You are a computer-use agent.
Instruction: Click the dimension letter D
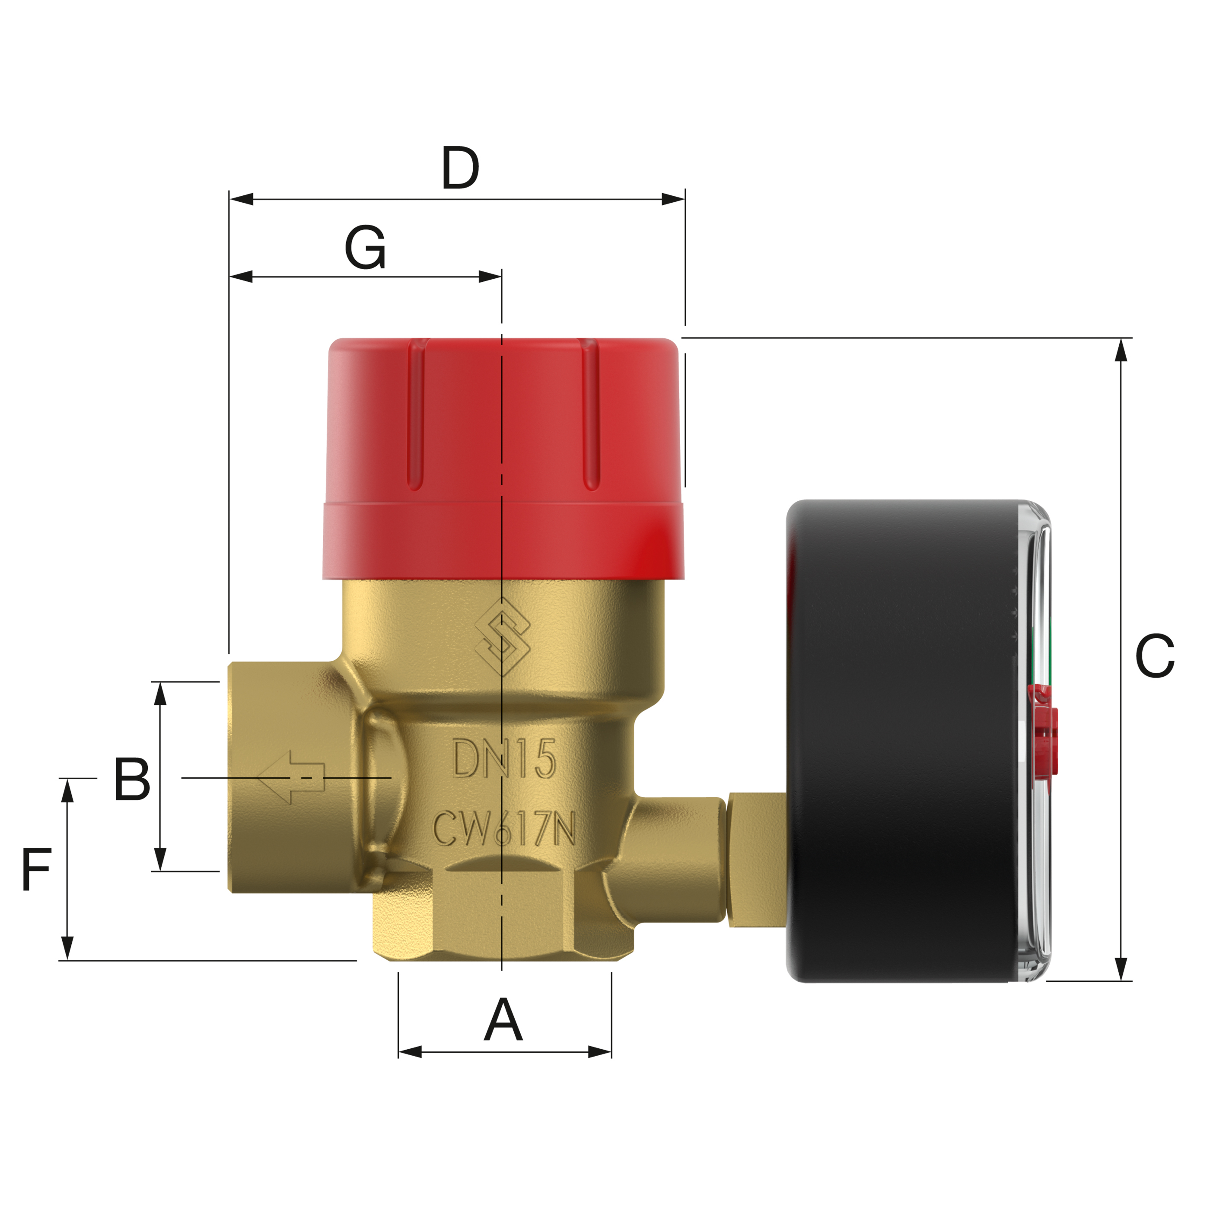coord(460,168)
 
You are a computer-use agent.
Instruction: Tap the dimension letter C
coord(1154,656)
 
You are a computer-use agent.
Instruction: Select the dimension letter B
coord(132,779)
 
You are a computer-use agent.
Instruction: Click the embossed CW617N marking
coord(504,828)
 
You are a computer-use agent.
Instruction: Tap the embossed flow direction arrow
coord(291,777)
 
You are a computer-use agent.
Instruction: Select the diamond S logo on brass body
coord(502,637)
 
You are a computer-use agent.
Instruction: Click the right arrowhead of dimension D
coord(673,200)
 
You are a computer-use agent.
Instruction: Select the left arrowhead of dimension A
coord(410,1052)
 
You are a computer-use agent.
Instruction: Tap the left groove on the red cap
coord(414,417)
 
